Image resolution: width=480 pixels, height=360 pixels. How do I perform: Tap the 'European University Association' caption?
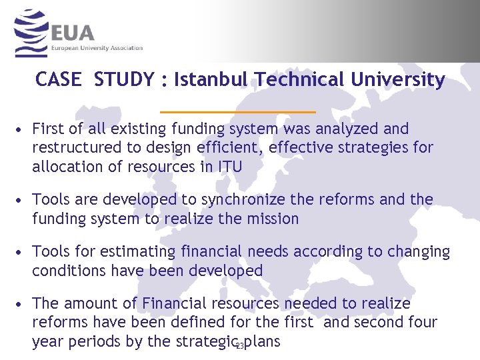pos(97,48)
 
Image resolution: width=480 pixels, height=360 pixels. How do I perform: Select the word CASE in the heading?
pos(58,80)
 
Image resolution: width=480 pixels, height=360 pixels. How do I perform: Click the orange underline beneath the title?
pos(238,111)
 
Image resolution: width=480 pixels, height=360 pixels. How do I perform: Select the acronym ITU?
pos(229,167)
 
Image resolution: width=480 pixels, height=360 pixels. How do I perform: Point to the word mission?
pos(272,219)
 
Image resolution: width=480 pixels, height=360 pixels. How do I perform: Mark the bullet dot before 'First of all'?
pos(23,129)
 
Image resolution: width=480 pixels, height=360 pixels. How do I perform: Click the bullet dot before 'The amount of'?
pos(23,304)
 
